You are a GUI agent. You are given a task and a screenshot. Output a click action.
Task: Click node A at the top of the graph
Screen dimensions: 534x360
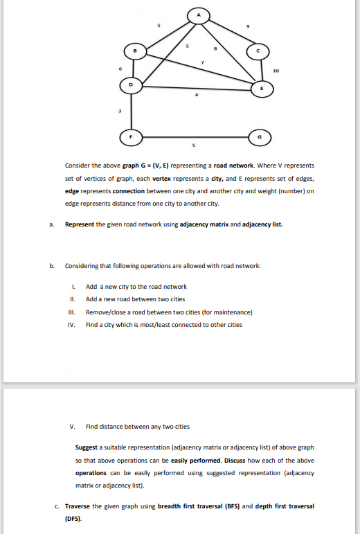199,14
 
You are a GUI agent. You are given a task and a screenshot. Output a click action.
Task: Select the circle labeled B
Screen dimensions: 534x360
136,51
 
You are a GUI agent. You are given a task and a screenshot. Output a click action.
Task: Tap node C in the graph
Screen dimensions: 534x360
258,51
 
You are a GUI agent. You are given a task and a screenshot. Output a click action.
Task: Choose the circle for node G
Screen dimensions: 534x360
258,137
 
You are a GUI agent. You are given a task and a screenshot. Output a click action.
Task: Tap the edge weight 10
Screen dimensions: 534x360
277,71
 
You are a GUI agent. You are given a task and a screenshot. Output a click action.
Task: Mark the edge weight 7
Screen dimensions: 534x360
202,62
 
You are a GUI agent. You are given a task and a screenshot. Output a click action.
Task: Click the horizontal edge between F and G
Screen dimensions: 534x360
194,137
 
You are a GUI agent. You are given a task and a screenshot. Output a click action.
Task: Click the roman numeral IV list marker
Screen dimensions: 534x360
72,325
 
